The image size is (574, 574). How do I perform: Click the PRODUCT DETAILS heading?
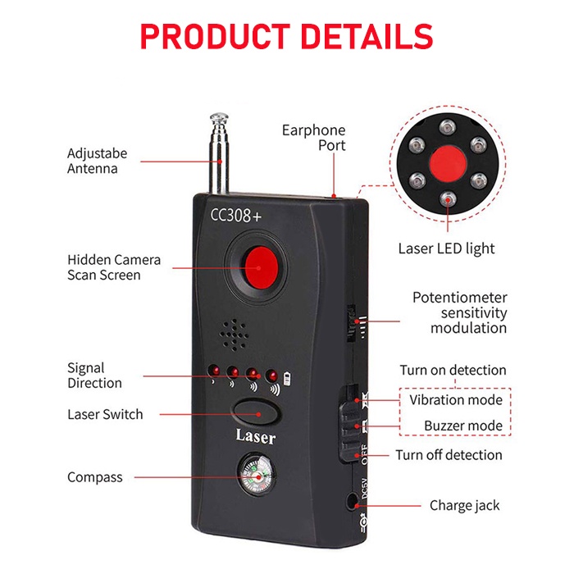(286, 37)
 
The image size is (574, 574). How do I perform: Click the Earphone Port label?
(313, 138)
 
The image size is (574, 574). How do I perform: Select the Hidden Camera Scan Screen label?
(114, 267)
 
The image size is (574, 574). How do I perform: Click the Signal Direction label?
(94, 376)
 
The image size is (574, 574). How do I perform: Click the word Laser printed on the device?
(255, 436)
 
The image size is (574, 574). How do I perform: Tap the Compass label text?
(95, 477)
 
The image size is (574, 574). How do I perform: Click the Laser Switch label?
(105, 414)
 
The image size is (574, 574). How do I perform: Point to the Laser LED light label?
(446, 248)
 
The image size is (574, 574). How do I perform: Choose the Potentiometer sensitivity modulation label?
(459, 312)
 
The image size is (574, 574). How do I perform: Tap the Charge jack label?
(464, 505)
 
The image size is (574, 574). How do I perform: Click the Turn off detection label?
(449, 455)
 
